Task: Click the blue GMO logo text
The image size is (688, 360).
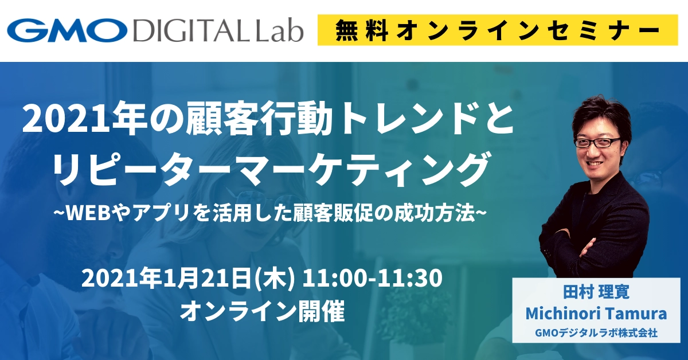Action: click(67, 30)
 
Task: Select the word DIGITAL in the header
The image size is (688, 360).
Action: click(191, 31)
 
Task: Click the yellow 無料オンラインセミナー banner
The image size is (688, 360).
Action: click(498, 30)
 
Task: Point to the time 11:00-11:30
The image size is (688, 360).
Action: click(372, 279)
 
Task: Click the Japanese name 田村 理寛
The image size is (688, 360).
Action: click(596, 292)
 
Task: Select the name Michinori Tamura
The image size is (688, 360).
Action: click(596, 314)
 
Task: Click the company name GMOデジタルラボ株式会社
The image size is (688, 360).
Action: click(596, 333)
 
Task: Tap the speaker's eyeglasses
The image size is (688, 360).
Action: click(597, 143)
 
